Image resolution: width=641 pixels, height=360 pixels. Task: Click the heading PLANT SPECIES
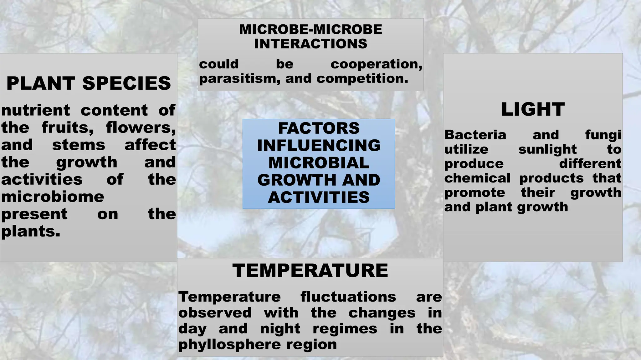tap(89, 83)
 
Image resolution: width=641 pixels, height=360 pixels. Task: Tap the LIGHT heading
tap(533, 109)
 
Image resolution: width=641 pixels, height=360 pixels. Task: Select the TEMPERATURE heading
tap(310, 270)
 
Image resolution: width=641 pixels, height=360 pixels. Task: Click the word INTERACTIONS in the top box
tap(310, 44)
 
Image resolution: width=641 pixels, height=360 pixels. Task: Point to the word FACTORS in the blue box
tap(319, 128)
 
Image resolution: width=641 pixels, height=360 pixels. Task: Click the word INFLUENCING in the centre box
tap(319, 146)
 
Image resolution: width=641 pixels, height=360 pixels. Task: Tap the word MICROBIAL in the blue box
tap(319, 163)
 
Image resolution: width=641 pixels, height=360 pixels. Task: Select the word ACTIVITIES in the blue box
tap(319, 197)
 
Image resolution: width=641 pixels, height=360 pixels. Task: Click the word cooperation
tap(376, 64)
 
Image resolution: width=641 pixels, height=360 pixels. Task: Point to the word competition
tap(362, 78)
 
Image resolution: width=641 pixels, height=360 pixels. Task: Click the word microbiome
tap(53, 197)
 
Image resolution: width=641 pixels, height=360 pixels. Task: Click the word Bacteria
tap(475, 135)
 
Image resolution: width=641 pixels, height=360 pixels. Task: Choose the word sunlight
tap(547, 149)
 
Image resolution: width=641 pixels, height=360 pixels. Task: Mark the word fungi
tap(603, 135)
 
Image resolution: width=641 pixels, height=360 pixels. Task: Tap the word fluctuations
tap(348, 297)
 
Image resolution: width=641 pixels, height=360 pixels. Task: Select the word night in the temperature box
tap(280, 329)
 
